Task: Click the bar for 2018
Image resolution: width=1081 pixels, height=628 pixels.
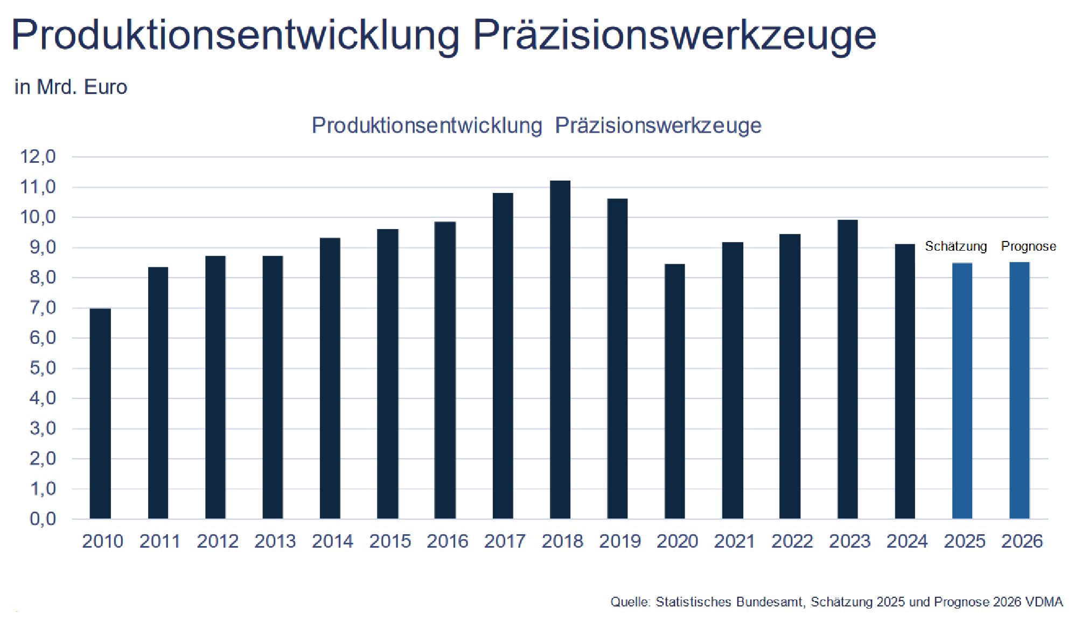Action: click(x=560, y=350)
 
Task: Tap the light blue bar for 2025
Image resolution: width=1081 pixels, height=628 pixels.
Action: click(x=963, y=391)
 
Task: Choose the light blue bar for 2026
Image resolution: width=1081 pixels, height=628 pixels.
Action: click(x=1020, y=391)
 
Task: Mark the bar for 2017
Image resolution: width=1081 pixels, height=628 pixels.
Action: click(x=503, y=356)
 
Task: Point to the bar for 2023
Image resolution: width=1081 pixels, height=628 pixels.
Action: click(x=848, y=369)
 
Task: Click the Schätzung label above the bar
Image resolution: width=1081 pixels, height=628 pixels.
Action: click(x=956, y=246)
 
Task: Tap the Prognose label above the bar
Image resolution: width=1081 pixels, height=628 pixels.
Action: click(x=1029, y=246)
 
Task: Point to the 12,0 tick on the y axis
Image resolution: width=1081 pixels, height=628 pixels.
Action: click(x=38, y=157)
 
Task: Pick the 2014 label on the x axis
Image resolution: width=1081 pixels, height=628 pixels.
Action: click(x=332, y=541)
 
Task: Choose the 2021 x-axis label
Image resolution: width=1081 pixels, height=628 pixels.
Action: click(x=735, y=541)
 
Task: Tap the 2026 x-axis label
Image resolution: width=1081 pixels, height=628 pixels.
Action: click(x=1022, y=541)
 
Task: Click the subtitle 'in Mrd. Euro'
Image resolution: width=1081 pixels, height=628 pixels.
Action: click(x=71, y=87)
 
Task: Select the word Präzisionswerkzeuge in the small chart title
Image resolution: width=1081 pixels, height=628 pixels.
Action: click(x=658, y=126)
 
